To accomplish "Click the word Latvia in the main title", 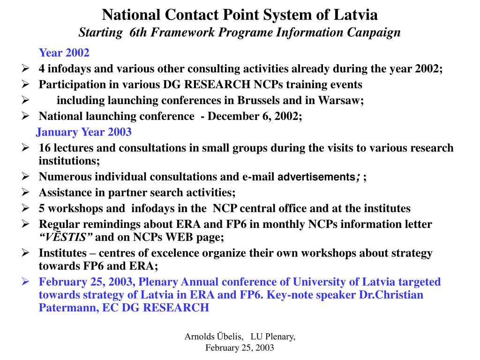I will tap(356, 15).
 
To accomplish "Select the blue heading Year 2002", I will tap(64, 53).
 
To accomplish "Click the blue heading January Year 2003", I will tap(84, 132).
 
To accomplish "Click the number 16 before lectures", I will tap(45, 148).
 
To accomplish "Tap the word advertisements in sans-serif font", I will tap(316, 177).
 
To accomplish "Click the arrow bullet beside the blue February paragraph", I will tap(26, 282).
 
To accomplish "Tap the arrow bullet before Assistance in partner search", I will tap(26, 192).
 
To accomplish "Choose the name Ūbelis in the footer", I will tap(229, 337).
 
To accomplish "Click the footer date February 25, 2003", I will tap(240, 348).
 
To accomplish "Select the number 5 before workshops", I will tap(42, 208).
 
